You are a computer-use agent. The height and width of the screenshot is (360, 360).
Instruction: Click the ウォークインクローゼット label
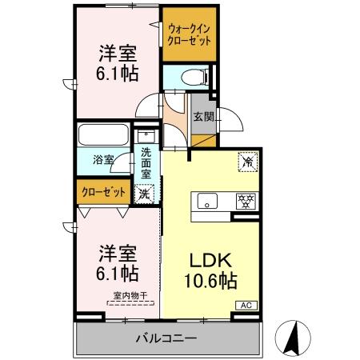[x=190, y=34]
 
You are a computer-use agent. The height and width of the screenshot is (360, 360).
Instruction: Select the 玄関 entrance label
[x=203, y=117]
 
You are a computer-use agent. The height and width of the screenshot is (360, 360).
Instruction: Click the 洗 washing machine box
[x=144, y=192]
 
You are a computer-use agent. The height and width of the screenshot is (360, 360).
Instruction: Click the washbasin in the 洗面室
[x=146, y=135]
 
